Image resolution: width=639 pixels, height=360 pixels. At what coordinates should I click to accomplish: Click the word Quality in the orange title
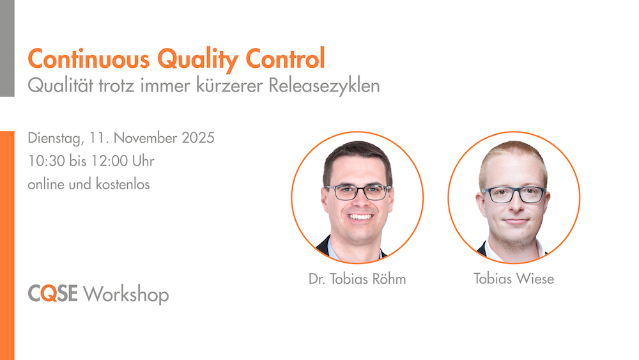pos(197,60)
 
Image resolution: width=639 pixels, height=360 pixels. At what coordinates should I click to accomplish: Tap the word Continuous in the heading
pos(89,59)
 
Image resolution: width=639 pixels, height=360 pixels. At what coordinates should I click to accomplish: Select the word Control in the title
pos(285,59)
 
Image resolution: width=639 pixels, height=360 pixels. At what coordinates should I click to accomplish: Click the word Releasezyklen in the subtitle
pos(324,86)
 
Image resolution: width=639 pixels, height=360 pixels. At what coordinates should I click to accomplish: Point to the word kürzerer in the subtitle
pos(229,86)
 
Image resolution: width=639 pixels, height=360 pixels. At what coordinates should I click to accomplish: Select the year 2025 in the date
pos(198,138)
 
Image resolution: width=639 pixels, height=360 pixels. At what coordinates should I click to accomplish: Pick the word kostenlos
pos(123,184)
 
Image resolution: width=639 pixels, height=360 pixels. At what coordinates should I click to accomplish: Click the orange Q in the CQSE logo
pos(49,293)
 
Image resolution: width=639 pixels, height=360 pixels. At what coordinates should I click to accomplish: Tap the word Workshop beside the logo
pos(126,295)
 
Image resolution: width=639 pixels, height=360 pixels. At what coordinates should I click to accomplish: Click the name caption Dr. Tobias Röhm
pos(357,279)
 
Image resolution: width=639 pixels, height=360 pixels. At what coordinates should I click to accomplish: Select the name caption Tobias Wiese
pos(514,279)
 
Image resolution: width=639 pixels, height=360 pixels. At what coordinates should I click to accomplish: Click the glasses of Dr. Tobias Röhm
pos(358,192)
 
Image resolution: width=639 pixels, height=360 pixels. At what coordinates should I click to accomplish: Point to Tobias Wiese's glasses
pos(514,194)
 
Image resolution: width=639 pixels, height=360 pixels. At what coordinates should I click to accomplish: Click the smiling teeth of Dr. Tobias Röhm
pos(360,217)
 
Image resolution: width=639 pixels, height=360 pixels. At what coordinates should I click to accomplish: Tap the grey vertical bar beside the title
pos(7,48)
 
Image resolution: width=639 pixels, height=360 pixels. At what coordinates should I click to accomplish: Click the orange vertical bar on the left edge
pos(7,246)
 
